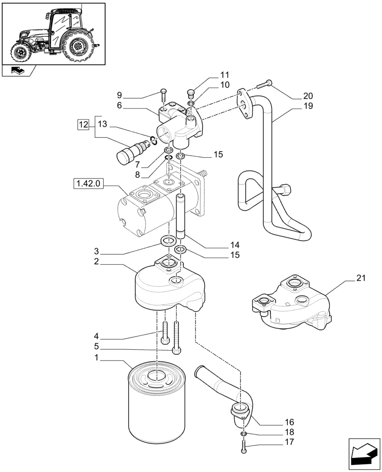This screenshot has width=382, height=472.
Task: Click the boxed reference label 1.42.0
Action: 88,183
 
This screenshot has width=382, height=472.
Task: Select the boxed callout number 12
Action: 83,125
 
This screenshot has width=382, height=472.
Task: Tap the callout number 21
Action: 361,279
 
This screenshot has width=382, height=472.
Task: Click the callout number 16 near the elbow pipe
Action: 290,421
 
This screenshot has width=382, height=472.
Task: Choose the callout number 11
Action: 224,75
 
